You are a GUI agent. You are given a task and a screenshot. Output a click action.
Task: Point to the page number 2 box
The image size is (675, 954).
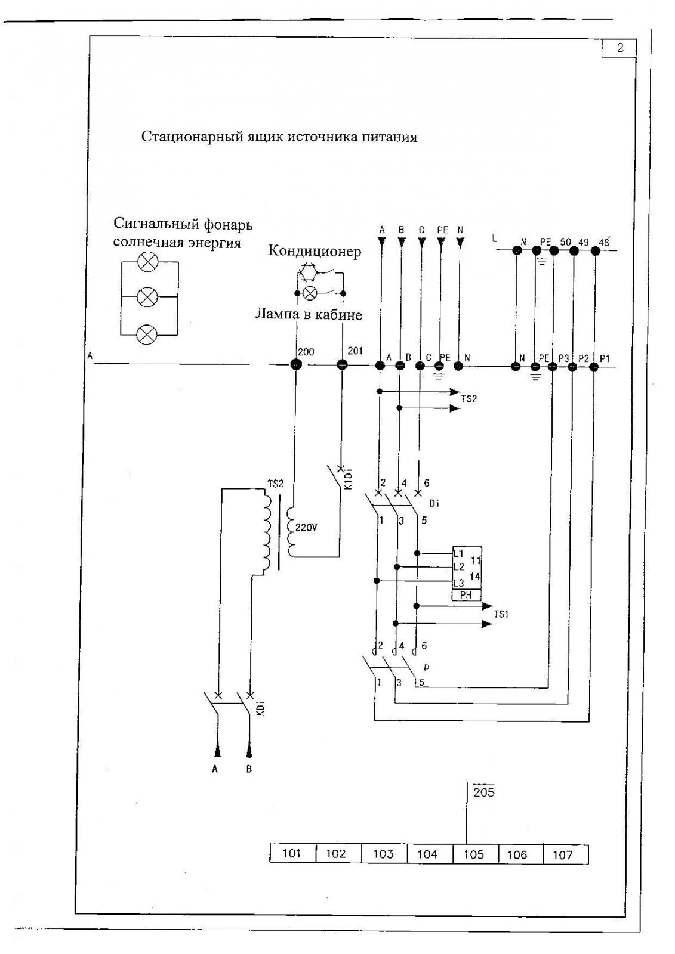(x=619, y=48)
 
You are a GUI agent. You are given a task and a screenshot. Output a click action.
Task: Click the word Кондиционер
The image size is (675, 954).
(x=315, y=251)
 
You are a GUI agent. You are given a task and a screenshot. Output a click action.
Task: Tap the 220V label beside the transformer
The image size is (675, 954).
(x=306, y=528)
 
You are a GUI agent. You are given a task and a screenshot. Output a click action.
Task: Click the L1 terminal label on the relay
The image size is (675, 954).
(x=458, y=554)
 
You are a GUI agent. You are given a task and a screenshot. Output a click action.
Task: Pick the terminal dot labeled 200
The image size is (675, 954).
(x=295, y=364)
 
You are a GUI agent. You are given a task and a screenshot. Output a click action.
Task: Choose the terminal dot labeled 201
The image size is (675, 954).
(x=342, y=364)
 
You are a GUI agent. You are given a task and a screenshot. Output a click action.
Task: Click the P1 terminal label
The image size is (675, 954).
(x=605, y=358)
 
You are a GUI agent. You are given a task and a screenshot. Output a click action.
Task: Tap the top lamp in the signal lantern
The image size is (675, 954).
(x=147, y=262)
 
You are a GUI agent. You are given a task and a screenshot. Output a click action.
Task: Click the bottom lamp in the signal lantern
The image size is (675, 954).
(x=147, y=334)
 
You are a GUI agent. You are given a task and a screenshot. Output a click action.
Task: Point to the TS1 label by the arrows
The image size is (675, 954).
(x=501, y=614)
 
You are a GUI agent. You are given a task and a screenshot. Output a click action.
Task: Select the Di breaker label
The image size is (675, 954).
(x=434, y=503)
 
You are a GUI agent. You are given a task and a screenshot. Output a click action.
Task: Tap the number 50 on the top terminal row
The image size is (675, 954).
(x=565, y=242)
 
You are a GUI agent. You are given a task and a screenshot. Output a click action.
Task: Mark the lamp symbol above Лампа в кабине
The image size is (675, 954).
(x=309, y=293)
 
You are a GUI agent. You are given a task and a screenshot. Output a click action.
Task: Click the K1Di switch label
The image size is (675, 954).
(x=348, y=479)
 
